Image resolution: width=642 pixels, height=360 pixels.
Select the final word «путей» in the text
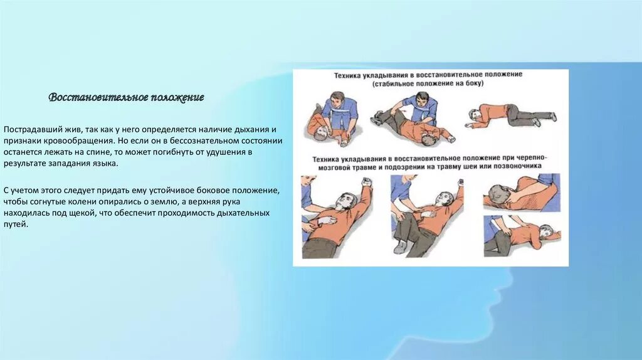[16, 225]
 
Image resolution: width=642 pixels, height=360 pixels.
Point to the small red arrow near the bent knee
[404, 111]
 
